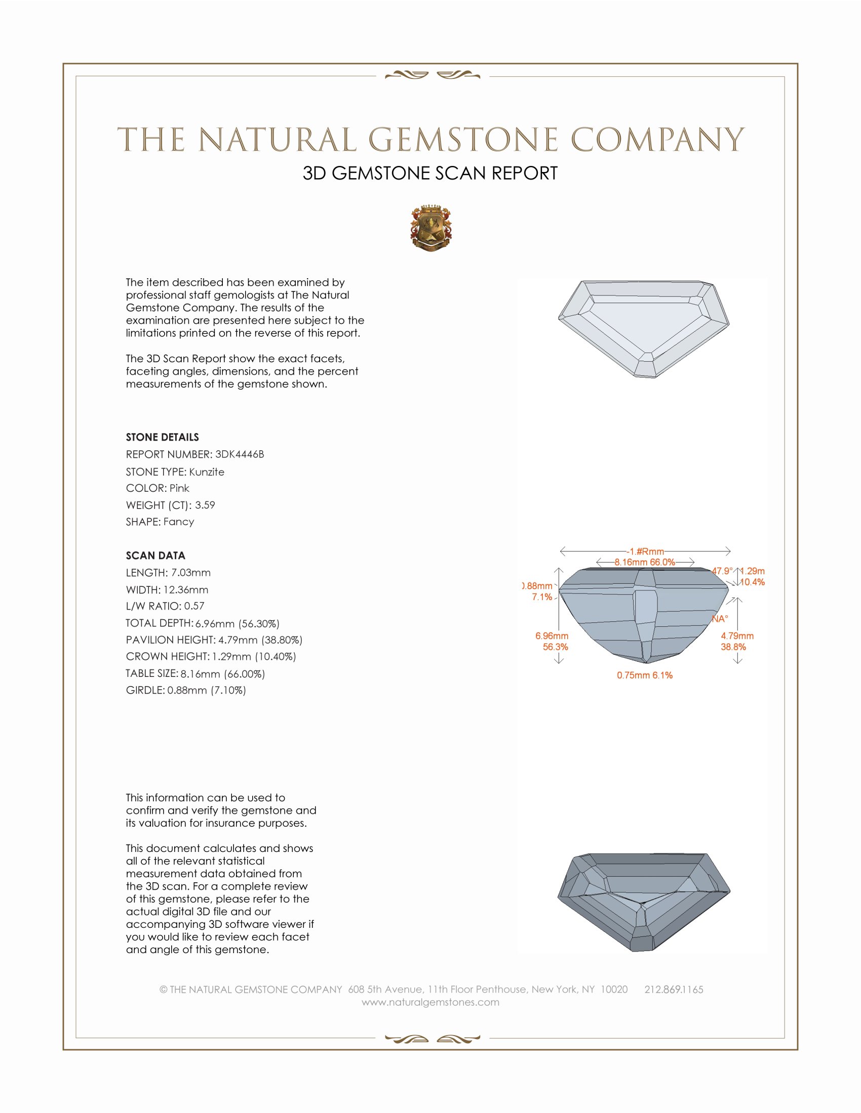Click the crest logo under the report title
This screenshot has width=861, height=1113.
(x=430, y=228)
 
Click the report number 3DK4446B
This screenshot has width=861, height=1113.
(x=239, y=454)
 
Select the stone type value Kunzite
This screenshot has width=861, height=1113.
(x=207, y=472)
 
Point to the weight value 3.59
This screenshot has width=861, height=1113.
(x=205, y=505)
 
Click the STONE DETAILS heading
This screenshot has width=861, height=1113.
(x=162, y=437)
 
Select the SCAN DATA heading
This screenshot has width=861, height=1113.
(x=155, y=555)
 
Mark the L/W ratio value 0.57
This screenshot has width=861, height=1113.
(x=194, y=606)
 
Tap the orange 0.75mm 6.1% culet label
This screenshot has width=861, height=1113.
(x=644, y=675)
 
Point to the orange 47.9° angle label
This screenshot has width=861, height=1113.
(x=722, y=571)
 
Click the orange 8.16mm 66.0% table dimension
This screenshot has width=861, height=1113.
(x=645, y=562)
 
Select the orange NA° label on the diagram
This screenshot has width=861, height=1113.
(x=720, y=619)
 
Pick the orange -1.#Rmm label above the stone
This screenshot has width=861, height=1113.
(x=645, y=551)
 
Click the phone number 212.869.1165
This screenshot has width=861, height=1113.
(x=673, y=990)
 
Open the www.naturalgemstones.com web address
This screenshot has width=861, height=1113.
(x=430, y=1002)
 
